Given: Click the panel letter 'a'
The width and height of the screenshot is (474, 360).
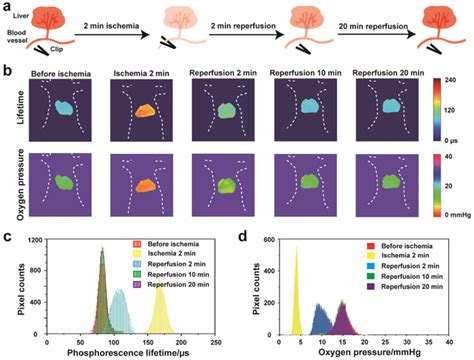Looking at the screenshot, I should (7, 8).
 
